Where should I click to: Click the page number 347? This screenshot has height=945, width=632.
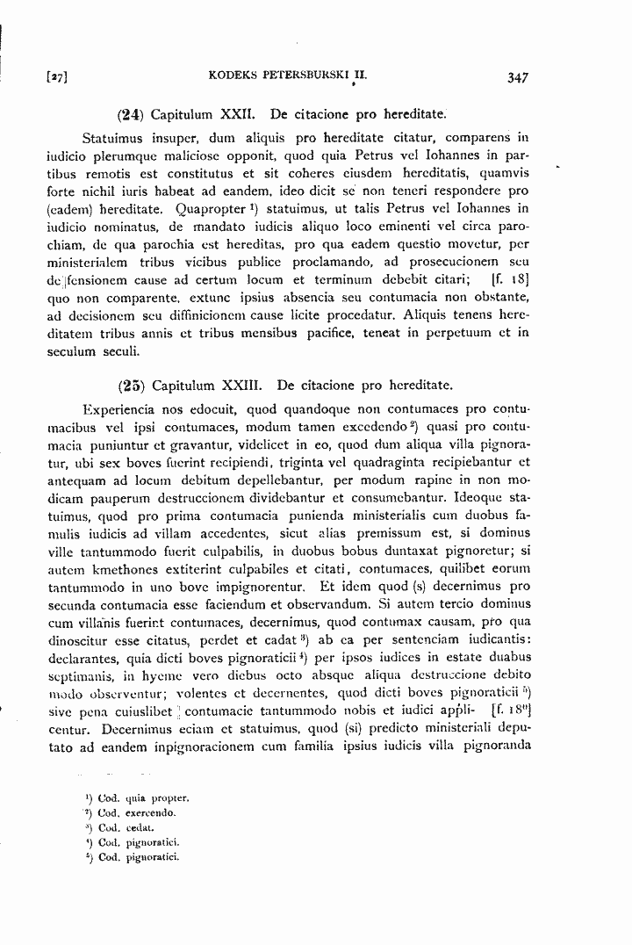(x=517, y=77)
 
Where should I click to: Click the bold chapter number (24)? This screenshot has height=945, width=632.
(x=130, y=114)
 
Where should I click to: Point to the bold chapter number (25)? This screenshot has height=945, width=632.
(x=130, y=385)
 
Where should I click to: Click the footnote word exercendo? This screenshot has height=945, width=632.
(x=153, y=813)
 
